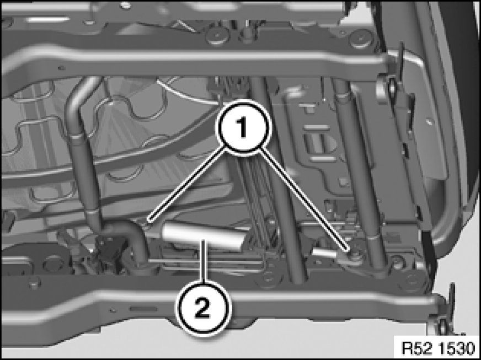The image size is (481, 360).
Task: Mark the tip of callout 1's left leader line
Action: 148,219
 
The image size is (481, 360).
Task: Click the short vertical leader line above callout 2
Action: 203,261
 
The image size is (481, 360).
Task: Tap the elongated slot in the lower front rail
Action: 143,309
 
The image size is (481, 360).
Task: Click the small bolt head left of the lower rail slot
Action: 113,310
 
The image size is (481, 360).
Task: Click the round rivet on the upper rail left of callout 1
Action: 216,36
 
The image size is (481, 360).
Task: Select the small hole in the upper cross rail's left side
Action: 61,68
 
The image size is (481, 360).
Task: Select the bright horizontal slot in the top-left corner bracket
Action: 47,19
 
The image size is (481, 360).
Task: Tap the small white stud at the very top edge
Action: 125,5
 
